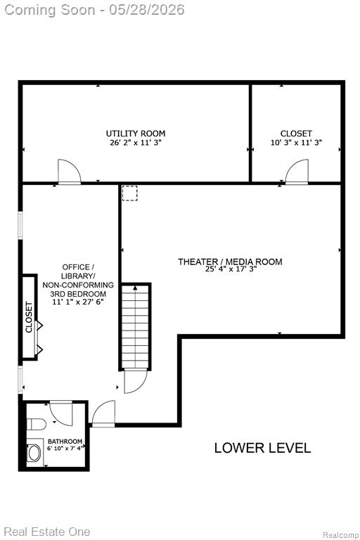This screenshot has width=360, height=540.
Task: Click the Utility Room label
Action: tap(136, 134)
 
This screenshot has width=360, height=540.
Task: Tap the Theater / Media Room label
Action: tap(230, 262)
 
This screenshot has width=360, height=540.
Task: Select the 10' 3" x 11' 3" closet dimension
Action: tap(296, 143)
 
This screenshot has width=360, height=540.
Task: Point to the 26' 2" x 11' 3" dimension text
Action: tap(136, 143)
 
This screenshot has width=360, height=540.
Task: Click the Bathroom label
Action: tap(65, 441)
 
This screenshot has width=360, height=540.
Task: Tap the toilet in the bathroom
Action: tap(36, 424)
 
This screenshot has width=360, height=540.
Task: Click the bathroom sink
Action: tap(34, 453)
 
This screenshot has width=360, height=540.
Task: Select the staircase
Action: tap(135, 326)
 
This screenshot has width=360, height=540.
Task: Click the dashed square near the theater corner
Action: tap(130, 193)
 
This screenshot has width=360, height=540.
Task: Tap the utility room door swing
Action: tap(69, 171)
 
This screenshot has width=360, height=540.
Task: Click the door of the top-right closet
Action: tap(297, 172)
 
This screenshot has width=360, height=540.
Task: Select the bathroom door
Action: tap(61, 413)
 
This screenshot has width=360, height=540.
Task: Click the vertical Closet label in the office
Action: tap(29, 317)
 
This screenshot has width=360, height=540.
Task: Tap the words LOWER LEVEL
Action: tap(262, 448)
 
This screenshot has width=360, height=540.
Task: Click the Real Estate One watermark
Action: tap(47, 532)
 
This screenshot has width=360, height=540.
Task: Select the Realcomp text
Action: tap(340, 535)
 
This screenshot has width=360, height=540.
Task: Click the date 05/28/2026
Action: tap(147, 10)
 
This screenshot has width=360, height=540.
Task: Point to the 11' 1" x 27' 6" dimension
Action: tap(78, 302)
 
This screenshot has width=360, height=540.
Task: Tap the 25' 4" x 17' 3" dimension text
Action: tap(231, 269)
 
